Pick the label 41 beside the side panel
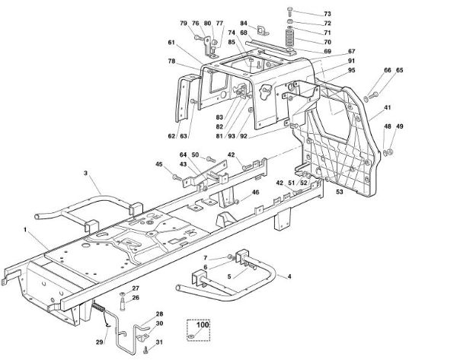388,108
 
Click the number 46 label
256,194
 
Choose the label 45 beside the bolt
158,164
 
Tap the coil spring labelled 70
289,37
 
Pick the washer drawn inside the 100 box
202,336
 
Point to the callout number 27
135,287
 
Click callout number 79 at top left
184,24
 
